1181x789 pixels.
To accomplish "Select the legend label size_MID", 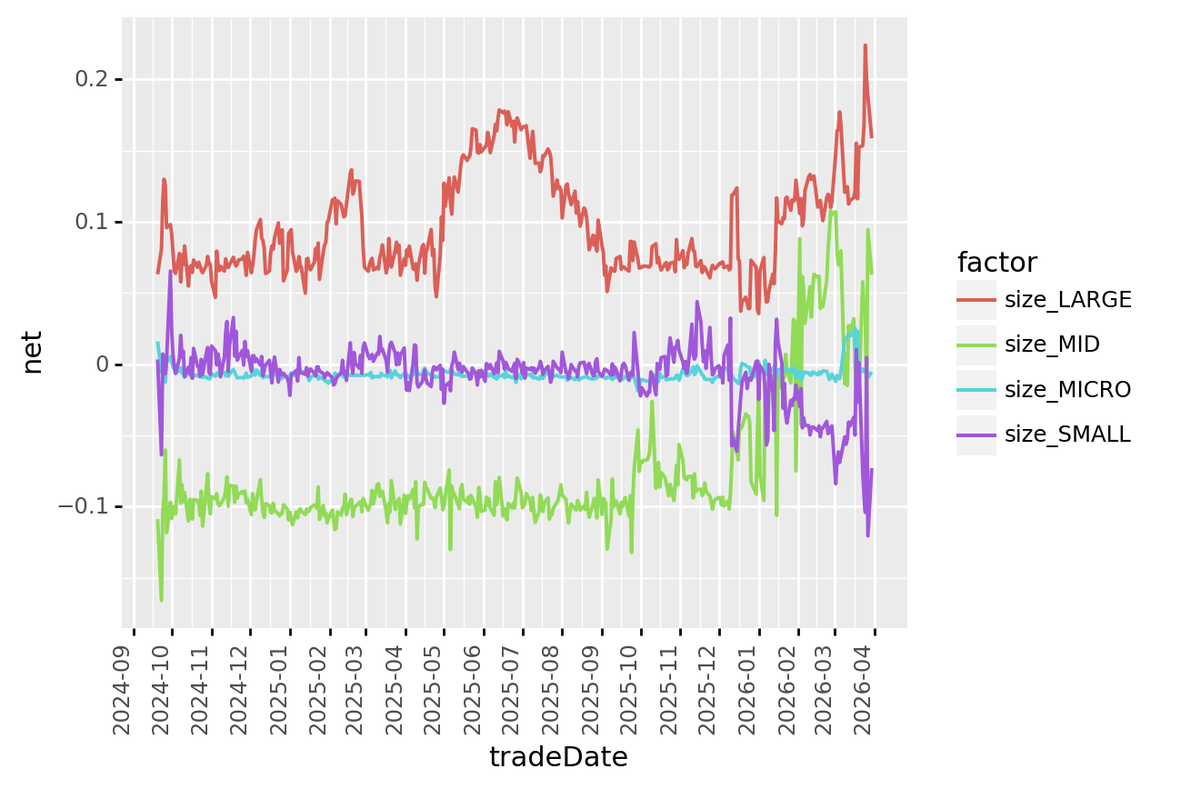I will point(1052,345).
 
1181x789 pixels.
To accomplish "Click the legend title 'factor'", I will point(996,263).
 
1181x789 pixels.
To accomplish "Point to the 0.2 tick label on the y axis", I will point(91,79).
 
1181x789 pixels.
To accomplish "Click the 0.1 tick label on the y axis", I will point(91,222).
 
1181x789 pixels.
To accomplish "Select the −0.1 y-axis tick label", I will point(85,506).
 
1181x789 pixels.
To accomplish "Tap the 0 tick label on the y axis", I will point(102,365).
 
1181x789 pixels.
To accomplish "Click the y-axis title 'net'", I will point(33,352).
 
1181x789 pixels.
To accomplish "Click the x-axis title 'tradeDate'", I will point(558,757).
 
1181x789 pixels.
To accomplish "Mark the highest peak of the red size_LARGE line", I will point(865,45).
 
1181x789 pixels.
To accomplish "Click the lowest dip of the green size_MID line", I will point(162,601).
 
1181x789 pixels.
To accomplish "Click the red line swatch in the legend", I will point(976,300).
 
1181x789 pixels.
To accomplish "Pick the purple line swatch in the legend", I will point(976,434).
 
